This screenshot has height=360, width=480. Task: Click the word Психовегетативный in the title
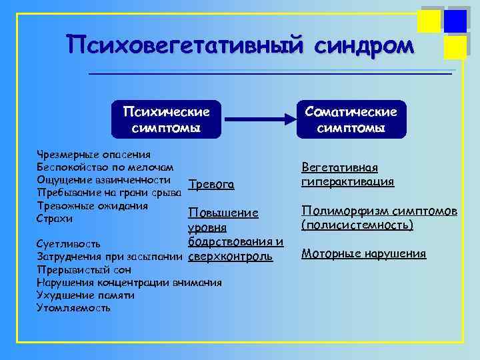(x=179, y=45)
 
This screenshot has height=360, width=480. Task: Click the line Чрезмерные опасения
(x=84, y=155)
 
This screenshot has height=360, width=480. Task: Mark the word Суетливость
(x=69, y=244)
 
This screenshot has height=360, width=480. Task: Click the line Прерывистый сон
(x=83, y=270)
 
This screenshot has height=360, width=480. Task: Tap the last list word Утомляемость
(x=73, y=308)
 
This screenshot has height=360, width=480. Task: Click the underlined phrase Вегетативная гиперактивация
(x=348, y=175)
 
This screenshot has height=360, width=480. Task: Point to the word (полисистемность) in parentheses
(x=357, y=225)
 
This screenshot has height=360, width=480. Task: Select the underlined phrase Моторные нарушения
(x=364, y=253)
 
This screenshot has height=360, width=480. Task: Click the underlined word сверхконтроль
(x=231, y=256)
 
